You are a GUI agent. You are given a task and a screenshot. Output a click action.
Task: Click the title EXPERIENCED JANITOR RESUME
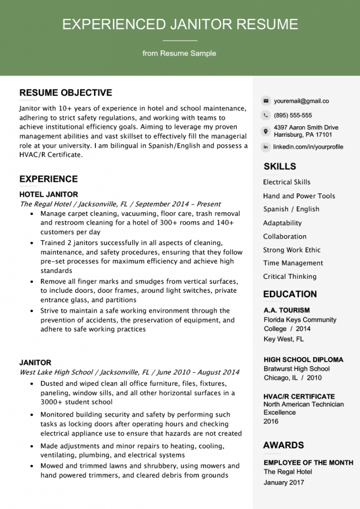(180, 24)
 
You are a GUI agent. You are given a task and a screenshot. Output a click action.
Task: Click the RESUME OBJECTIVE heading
(66, 93)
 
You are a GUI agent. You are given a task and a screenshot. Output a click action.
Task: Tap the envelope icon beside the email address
(266, 101)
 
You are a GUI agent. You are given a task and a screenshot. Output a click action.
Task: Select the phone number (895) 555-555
(293, 115)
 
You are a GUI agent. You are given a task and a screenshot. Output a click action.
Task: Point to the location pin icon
(266, 131)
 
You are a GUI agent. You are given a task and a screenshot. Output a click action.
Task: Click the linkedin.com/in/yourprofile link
(308, 147)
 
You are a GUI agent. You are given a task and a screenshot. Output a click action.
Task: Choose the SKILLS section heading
(279, 167)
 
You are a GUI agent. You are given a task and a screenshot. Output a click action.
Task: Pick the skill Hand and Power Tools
(299, 196)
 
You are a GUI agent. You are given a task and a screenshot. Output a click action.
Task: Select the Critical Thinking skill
(289, 276)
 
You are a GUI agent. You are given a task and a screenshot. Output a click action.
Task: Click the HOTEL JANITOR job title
(49, 194)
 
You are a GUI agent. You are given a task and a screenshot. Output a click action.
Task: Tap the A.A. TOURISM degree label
(286, 310)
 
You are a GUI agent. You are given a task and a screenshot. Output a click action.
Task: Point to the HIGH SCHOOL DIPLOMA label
(303, 359)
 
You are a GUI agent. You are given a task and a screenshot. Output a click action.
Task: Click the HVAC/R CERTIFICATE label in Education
(299, 396)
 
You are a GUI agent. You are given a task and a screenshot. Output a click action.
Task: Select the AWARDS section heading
(283, 445)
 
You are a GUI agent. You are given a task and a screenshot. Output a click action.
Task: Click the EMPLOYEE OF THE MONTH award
(308, 463)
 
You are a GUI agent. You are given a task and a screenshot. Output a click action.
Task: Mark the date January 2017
(284, 482)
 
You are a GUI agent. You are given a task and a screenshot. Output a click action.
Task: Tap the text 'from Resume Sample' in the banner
(180, 53)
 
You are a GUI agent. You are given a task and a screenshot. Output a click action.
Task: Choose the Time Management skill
(293, 263)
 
